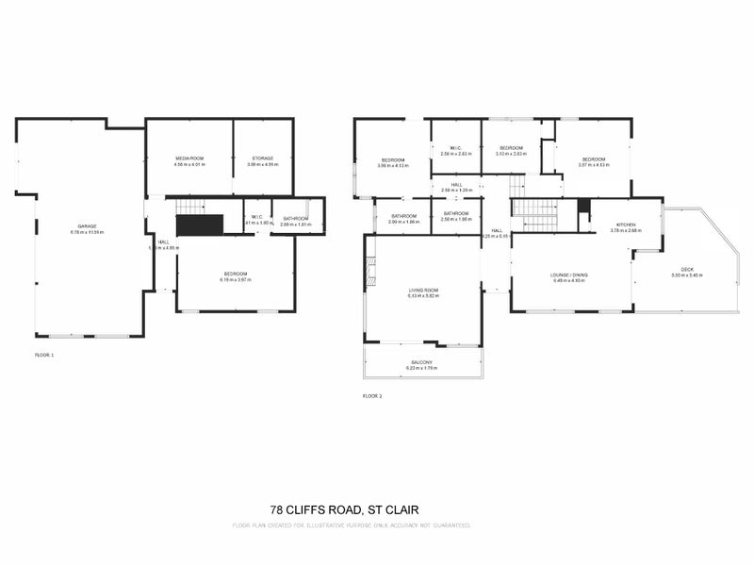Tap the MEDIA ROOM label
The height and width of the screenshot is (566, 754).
point(188,158)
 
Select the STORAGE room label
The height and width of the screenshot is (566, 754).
point(262,158)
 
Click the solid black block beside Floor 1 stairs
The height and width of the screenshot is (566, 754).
point(200,225)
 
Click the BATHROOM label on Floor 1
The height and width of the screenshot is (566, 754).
point(295,219)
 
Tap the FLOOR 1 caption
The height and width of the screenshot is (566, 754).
point(44,355)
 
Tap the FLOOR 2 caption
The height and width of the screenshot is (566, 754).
point(372,397)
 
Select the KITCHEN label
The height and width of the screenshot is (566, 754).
point(626,225)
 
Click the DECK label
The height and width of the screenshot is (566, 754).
point(687,269)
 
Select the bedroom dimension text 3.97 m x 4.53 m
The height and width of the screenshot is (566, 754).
point(594,166)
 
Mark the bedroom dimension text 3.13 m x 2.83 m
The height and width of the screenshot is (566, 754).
point(511,154)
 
